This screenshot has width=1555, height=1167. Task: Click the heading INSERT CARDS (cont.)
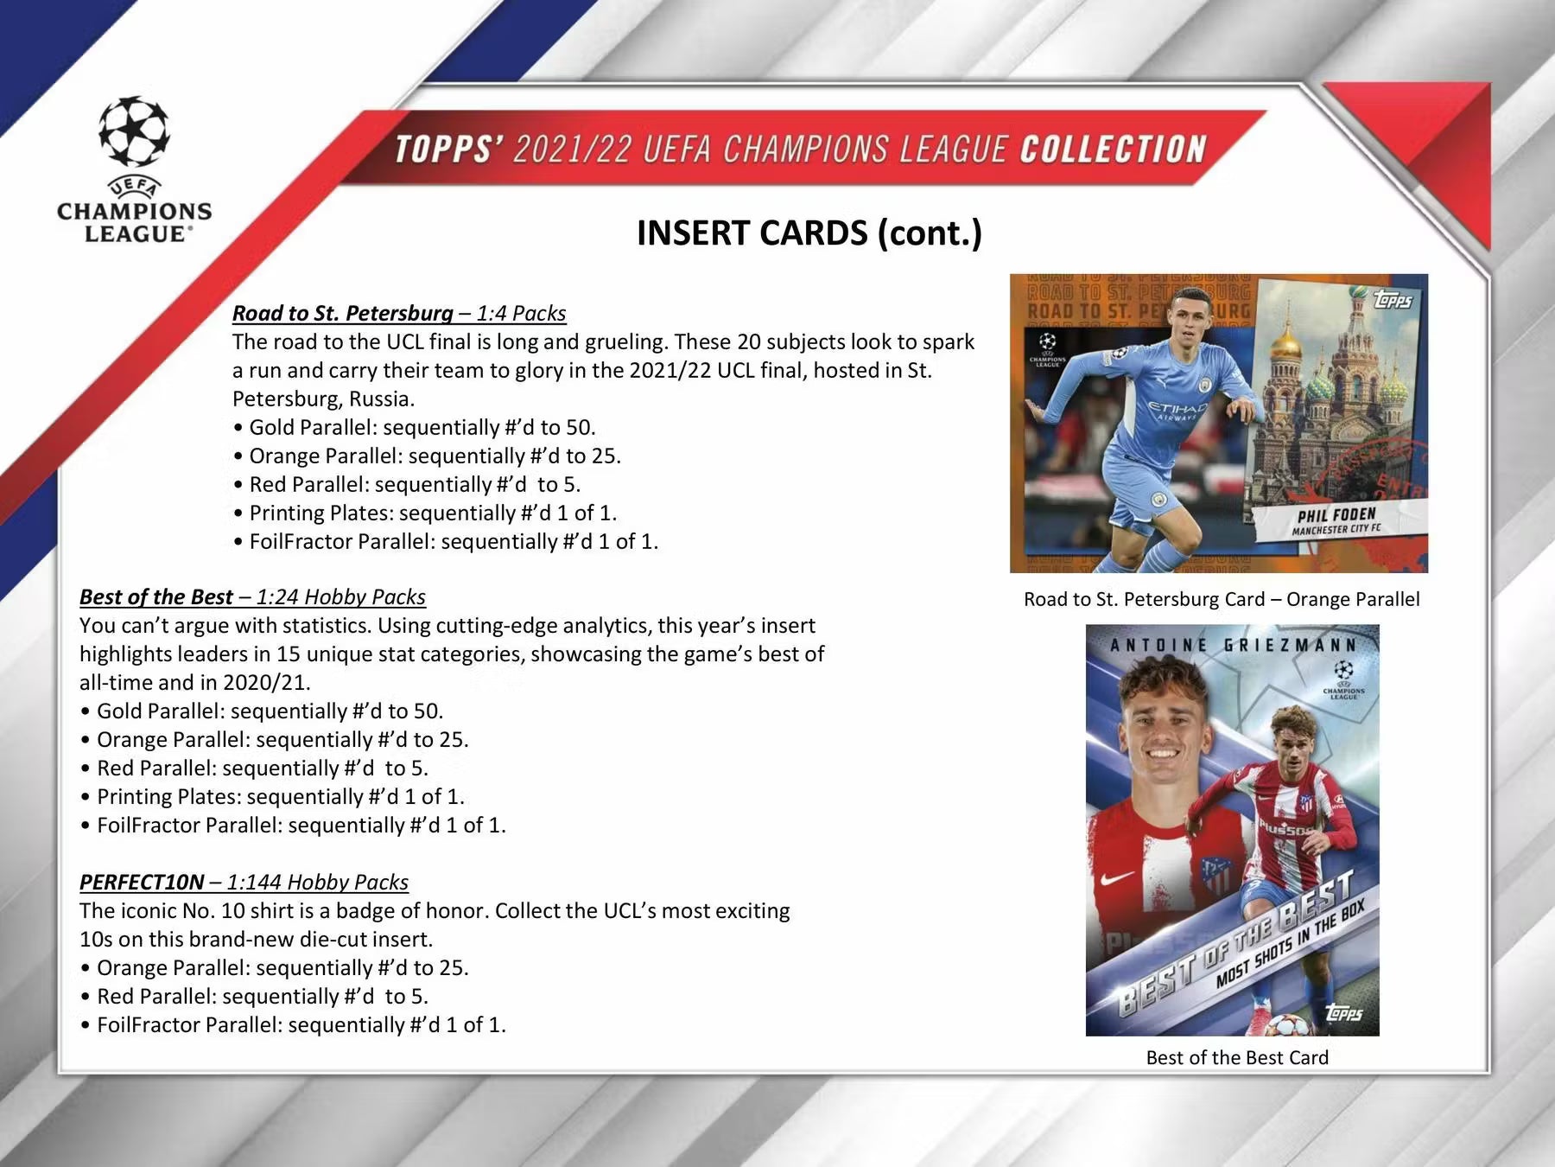(809, 233)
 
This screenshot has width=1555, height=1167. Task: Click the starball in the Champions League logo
(134, 131)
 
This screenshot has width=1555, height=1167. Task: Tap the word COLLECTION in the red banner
(1113, 150)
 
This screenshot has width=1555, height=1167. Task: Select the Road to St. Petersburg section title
(342, 313)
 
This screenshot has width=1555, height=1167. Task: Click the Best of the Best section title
(155, 596)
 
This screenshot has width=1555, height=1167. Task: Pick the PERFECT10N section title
(142, 882)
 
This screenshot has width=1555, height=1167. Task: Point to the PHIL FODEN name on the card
(1336, 515)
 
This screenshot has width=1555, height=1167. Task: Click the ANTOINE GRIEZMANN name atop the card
(1233, 645)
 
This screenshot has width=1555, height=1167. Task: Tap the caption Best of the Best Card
(1236, 1057)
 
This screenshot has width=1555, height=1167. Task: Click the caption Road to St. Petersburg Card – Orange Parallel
(1221, 599)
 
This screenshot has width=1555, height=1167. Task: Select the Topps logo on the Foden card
(1392, 300)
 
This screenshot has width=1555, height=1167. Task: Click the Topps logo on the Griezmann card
(1343, 1012)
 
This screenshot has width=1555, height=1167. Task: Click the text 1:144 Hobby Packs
(317, 882)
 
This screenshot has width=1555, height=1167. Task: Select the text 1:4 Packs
(521, 313)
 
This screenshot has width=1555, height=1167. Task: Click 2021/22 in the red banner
(571, 150)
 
